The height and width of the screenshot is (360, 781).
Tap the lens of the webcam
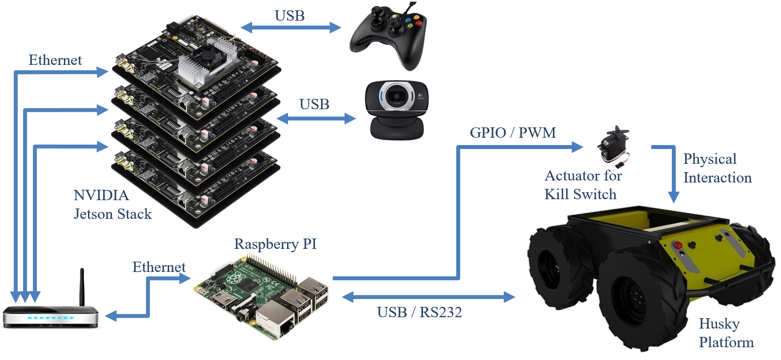[x=396, y=97]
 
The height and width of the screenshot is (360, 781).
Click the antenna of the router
[x=82, y=287]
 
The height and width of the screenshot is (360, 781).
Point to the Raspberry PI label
[x=275, y=244]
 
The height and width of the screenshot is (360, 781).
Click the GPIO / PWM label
[x=513, y=133]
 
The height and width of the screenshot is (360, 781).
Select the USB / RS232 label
[x=419, y=312]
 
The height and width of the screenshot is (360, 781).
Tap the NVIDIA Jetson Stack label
[x=112, y=205]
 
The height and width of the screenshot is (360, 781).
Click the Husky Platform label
[x=725, y=333]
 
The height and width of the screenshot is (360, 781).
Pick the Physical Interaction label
[x=717, y=168]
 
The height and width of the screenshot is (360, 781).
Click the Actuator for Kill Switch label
[x=582, y=185]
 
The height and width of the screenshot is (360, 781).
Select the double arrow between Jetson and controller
[x=290, y=28]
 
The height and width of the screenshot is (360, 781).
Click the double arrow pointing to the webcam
[x=316, y=119]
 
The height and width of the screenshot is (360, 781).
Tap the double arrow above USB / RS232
[x=428, y=297]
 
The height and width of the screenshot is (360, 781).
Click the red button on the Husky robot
[x=678, y=244]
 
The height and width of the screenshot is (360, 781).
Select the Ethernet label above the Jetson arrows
[x=55, y=60]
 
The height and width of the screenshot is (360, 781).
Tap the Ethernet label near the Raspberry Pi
[x=159, y=267]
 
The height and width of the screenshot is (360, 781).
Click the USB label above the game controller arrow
[x=289, y=16]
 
